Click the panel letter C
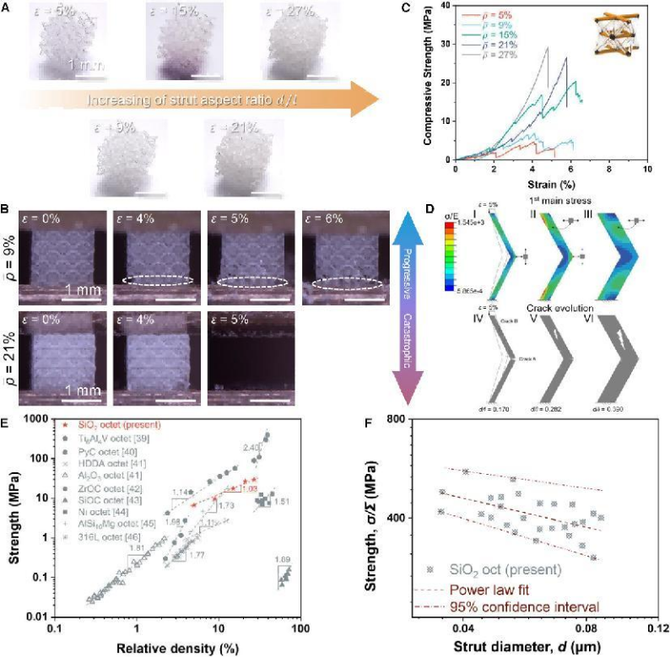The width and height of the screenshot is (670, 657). [430, 9]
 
